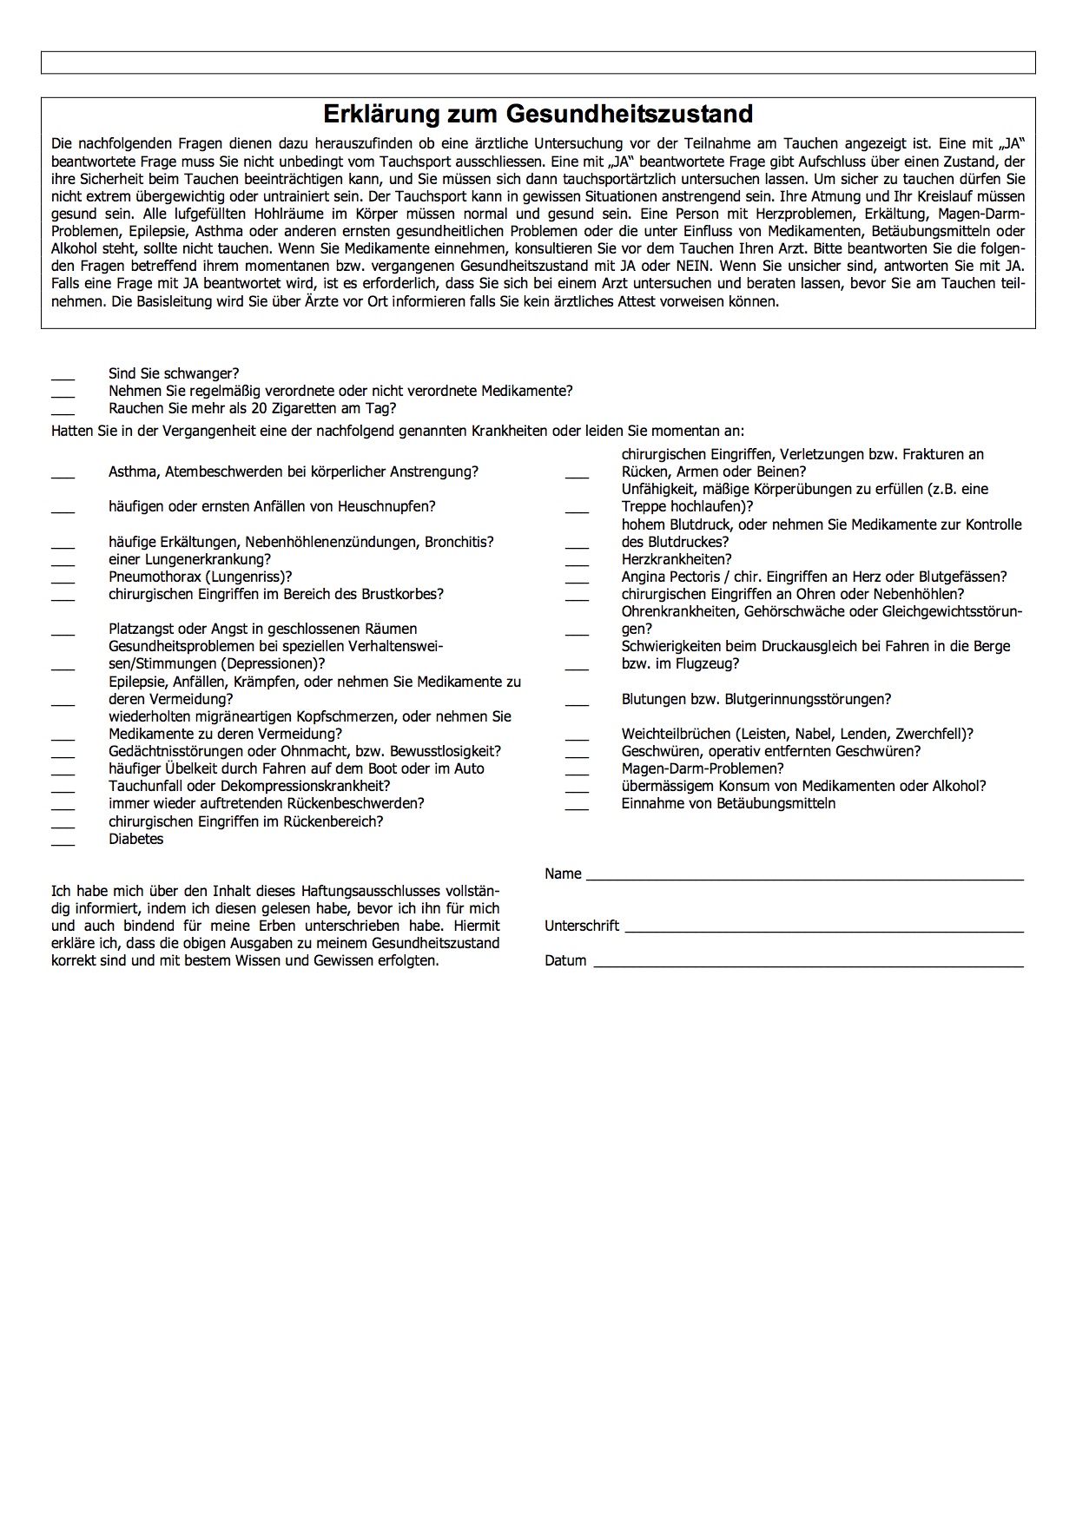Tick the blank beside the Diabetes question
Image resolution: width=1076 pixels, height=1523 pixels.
coord(63,842)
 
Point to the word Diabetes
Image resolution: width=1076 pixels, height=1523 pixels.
coord(135,839)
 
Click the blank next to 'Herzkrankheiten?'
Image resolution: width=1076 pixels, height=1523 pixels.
coord(577,563)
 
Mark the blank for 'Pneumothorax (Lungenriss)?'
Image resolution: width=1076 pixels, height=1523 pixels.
coord(63,580)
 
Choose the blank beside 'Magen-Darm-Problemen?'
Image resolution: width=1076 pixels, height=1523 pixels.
coord(577,772)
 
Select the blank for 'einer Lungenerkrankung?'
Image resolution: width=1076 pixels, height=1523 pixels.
coord(63,563)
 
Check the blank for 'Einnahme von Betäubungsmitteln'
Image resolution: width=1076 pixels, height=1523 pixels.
coord(577,807)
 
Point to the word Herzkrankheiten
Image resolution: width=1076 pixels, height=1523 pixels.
coord(677,559)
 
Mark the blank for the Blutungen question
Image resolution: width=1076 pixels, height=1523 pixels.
coord(577,702)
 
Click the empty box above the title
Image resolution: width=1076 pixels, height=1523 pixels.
coord(538,63)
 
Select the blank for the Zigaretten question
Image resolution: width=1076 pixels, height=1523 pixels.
coord(63,412)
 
